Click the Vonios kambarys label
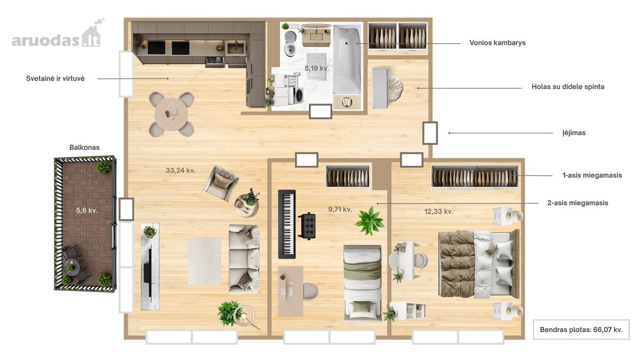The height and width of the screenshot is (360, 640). (498, 43)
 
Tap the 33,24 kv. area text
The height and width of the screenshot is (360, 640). (181, 171)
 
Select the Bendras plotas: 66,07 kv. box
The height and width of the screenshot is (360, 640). (581, 330)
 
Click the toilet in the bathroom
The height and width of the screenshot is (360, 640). (290, 43)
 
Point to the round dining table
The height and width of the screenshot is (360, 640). (171, 114)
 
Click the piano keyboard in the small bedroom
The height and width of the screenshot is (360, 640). (287, 224)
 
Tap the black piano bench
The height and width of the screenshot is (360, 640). (307, 226)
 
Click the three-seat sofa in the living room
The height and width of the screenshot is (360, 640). (244, 259)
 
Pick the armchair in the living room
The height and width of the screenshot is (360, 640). (221, 183)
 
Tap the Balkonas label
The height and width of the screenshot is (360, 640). (85, 147)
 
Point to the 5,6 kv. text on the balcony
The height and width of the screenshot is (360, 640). (87, 211)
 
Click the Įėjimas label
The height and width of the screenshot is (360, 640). (574, 133)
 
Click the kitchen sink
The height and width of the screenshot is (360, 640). (236, 49)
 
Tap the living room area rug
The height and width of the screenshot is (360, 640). (204, 261)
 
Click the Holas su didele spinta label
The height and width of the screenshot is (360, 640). (568, 87)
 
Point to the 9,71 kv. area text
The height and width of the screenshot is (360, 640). (340, 210)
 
